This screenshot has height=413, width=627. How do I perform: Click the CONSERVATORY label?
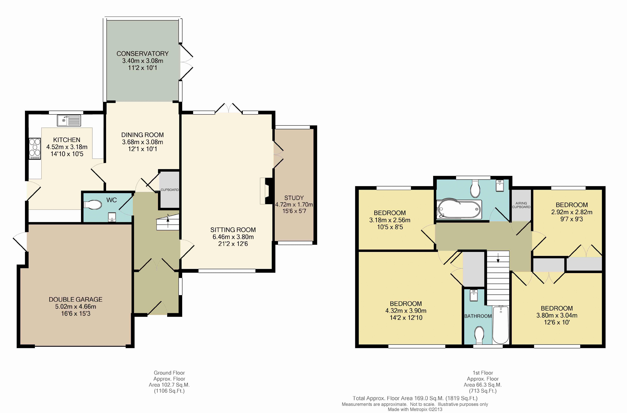[x=142, y=54]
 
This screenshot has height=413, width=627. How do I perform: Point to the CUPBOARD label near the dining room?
[x=170, y=190]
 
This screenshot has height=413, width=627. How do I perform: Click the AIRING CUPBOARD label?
[x=521, y=205]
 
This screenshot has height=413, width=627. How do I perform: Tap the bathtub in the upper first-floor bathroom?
[x=459, y=209]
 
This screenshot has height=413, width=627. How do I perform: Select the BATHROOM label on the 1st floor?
[x=478, y=316]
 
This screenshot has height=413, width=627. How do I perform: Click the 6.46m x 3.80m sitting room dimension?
[x=233, y=237]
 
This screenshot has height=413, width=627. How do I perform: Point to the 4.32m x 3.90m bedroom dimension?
[x=406, y=311]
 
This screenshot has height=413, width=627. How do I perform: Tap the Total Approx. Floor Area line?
[x=415, y=398]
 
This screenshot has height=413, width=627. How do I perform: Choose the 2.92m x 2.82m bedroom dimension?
[x=572, y=212]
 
